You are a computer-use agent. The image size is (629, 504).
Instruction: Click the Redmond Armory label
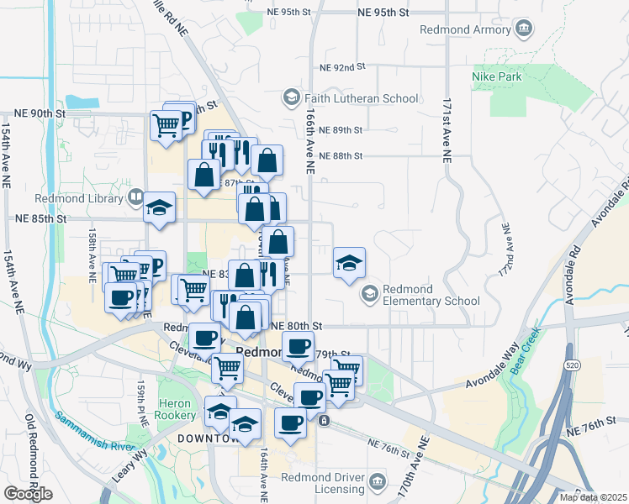(x=468, y=30)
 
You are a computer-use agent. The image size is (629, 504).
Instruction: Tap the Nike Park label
(x=497, y=77)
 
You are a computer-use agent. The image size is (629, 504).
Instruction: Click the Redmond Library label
(x=79, y=198)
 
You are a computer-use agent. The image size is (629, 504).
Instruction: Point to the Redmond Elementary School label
(x=431, y=294)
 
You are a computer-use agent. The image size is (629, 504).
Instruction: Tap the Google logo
(x=28, y=494)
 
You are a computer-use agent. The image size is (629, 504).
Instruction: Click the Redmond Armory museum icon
(x=525, y=29)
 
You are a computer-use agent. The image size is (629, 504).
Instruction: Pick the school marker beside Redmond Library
(x=158, y=207)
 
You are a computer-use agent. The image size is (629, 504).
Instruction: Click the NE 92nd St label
(x=343, y=66)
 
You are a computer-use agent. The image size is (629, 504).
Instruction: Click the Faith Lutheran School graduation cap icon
(x=291, y=98)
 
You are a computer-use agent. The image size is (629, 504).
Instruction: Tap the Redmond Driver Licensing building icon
(x=378, y=483)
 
